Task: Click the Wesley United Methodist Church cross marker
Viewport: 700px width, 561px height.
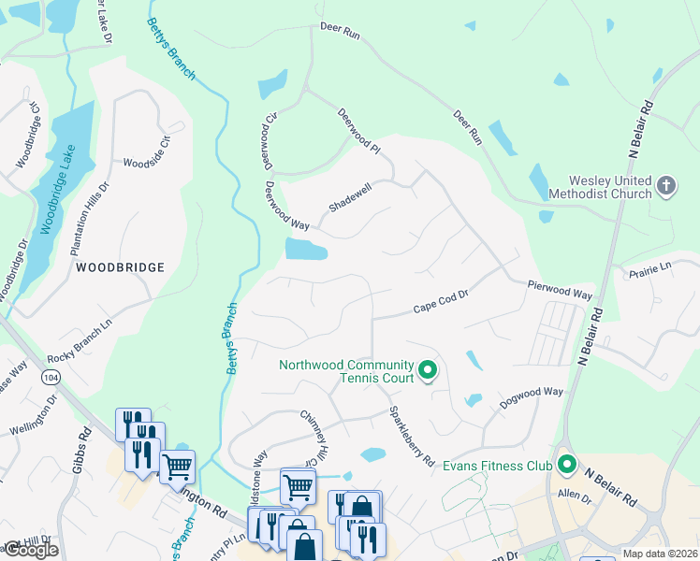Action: tap(665, 185)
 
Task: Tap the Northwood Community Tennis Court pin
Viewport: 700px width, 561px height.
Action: tap(428, 371)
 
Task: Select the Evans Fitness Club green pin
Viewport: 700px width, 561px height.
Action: tap(566, 464)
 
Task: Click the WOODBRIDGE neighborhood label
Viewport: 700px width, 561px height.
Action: tap(120, 267)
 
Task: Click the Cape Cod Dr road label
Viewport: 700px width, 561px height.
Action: tap(440, 309)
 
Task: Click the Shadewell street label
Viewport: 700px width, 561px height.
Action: tap(351, 197)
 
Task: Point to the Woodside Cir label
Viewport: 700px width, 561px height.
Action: tap(147, 157)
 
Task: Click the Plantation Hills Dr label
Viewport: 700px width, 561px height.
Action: tap(91, 220)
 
